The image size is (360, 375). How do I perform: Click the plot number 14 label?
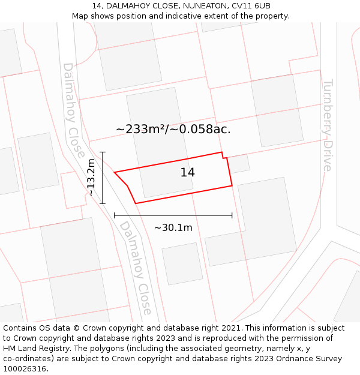(x=187, y=173)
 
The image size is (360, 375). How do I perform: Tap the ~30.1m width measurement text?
(x=173, y=228)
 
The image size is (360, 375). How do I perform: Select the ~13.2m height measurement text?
(x=91, y=178)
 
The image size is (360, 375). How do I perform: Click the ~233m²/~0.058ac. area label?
(x=173, y=129)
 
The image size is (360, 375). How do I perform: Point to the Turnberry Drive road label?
(x=328, y=125)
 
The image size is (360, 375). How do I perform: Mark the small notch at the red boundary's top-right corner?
(x=223, y=155)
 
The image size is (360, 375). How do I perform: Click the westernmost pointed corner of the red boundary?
(x=115, y=172)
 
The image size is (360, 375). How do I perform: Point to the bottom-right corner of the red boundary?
(x=232, y=185)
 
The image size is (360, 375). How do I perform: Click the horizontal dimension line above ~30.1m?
(x=173, y=215)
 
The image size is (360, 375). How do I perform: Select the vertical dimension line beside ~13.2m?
(x=103, y=178)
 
